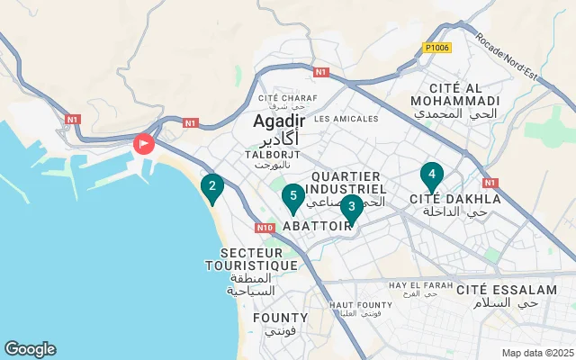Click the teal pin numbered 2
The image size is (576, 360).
click(211, 188)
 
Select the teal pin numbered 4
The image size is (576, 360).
click(432, 175)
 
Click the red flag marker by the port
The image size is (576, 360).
click(144, 143)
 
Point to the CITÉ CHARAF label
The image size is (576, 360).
click(283, 99)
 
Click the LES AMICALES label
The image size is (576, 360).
click(346, 118)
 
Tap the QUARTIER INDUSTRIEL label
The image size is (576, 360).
click(346, 183)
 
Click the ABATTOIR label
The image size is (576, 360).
click(317, 227)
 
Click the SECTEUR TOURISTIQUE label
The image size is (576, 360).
click(251, 259)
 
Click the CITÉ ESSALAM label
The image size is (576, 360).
click(507, 290)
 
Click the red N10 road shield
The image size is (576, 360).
click(264, 228)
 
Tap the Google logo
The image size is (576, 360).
click(30, 349)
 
